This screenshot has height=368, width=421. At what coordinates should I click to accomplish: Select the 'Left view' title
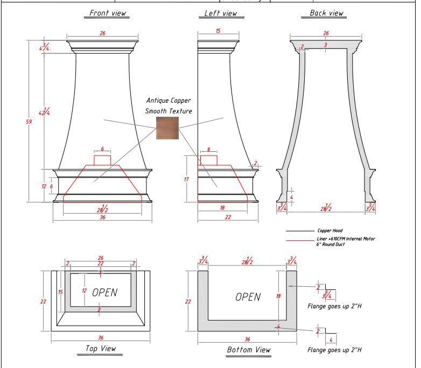point(221,13)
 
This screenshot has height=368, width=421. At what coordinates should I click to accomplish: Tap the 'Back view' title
point(327,13)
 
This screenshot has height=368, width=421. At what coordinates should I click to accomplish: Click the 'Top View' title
point(101,349)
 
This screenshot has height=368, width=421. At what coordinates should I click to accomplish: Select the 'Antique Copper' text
point(169,101)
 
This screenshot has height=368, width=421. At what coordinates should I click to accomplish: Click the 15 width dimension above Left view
point(218,32)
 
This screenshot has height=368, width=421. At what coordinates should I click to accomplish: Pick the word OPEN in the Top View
point(104,293)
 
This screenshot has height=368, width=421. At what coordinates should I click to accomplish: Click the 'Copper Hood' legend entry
point(329,230)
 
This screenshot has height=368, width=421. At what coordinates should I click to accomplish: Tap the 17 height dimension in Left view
point(187,179)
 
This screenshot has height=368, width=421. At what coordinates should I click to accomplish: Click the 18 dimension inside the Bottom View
point(278,296)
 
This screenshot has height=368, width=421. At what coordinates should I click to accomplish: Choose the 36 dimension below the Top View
point(101,338)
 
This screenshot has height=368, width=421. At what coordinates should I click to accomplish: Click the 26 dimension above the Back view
point(326,33)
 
